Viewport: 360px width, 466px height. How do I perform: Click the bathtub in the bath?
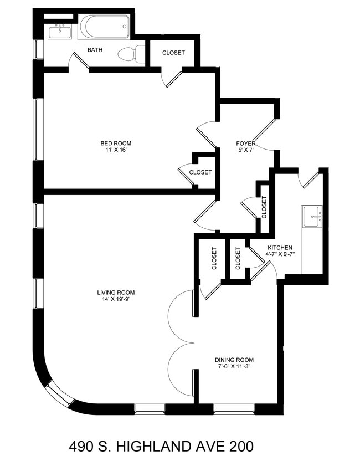tap(105, 26)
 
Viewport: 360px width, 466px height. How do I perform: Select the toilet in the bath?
tap(130, 54)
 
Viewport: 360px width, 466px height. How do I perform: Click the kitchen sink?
tap(312, 216)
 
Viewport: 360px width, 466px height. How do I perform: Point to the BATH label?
tap(95, 50)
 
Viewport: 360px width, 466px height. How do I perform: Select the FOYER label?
tap(245, 144)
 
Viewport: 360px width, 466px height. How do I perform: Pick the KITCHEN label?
tap(280, 248)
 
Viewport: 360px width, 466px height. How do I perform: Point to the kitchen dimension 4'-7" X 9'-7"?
tap(280, 255)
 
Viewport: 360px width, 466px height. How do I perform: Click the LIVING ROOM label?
tap(116, 293)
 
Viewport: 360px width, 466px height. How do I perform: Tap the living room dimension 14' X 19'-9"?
tap(116, 300)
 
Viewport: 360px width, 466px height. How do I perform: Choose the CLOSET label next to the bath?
tap(173, 53)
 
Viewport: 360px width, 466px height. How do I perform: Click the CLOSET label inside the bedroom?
tap(200, 172)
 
